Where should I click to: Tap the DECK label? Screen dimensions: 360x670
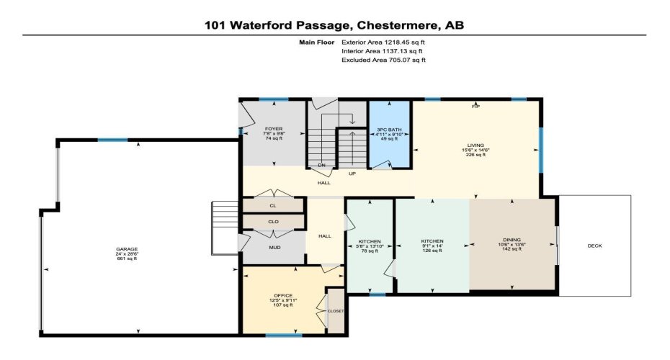point(594,246)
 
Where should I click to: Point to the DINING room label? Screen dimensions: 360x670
point(512,240)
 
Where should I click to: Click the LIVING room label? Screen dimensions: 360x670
point(475,145)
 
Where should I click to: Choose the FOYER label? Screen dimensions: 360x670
point(273,128)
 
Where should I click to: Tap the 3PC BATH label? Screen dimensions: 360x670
point(389,129)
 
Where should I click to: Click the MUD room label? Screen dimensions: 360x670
point(273,247)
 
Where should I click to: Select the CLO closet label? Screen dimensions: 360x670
point(273,222)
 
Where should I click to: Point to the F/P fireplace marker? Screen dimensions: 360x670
point(475,107)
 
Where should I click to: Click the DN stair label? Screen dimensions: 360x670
point(322,165)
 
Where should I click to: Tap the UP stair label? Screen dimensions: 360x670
point(352,174)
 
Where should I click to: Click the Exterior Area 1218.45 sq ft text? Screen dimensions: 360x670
point(383,42)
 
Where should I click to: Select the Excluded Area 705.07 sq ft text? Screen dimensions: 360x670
point(383,60)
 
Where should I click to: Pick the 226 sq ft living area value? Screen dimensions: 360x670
point(475,155)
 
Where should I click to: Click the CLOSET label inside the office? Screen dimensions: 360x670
point(336,311)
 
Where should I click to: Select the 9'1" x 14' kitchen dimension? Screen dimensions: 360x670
point(432,246)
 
